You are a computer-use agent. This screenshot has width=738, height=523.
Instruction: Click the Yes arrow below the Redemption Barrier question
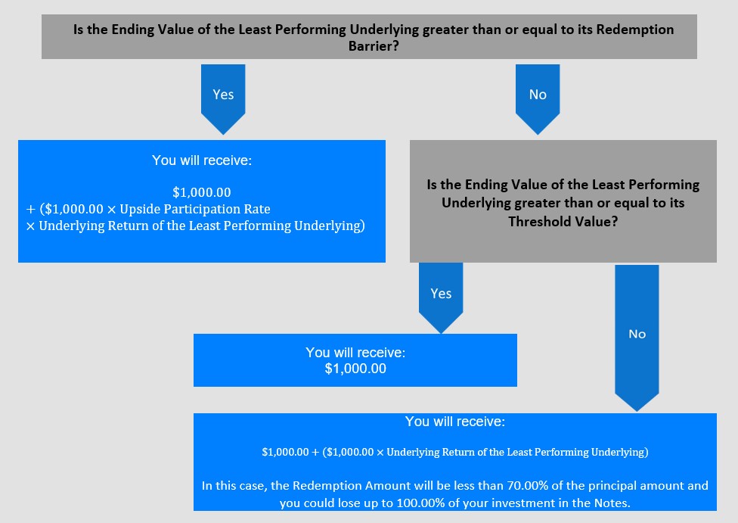[223, 99]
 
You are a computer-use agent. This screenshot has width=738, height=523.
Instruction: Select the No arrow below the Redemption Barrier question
[538, 99]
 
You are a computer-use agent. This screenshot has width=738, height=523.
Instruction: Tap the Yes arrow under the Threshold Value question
[441, 297]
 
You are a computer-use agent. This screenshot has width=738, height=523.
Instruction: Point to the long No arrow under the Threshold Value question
[637, 338]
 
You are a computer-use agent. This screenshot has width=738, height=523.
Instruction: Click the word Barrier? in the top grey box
[374, 46]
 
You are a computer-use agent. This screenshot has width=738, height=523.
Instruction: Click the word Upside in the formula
[140, 209]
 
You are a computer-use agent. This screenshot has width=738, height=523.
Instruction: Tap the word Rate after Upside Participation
[257, 209]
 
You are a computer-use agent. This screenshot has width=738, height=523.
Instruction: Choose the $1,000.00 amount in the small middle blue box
[355, 369]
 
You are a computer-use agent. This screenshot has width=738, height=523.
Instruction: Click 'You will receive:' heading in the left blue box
[202, 160]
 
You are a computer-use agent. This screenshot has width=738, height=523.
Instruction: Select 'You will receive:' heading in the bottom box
[455, 422]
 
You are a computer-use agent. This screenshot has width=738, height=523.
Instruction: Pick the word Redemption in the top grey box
[635, 30]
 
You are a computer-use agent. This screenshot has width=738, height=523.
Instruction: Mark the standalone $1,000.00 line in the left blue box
[202, 192]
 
